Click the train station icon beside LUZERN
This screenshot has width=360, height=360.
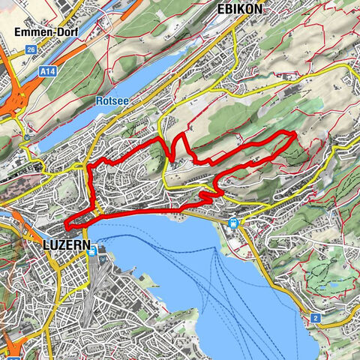pos(91,253)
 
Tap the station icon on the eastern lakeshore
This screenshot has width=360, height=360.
pos(234,222)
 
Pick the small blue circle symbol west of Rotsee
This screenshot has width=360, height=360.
pos(27,137)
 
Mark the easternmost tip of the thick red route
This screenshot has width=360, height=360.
pos(293,136)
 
